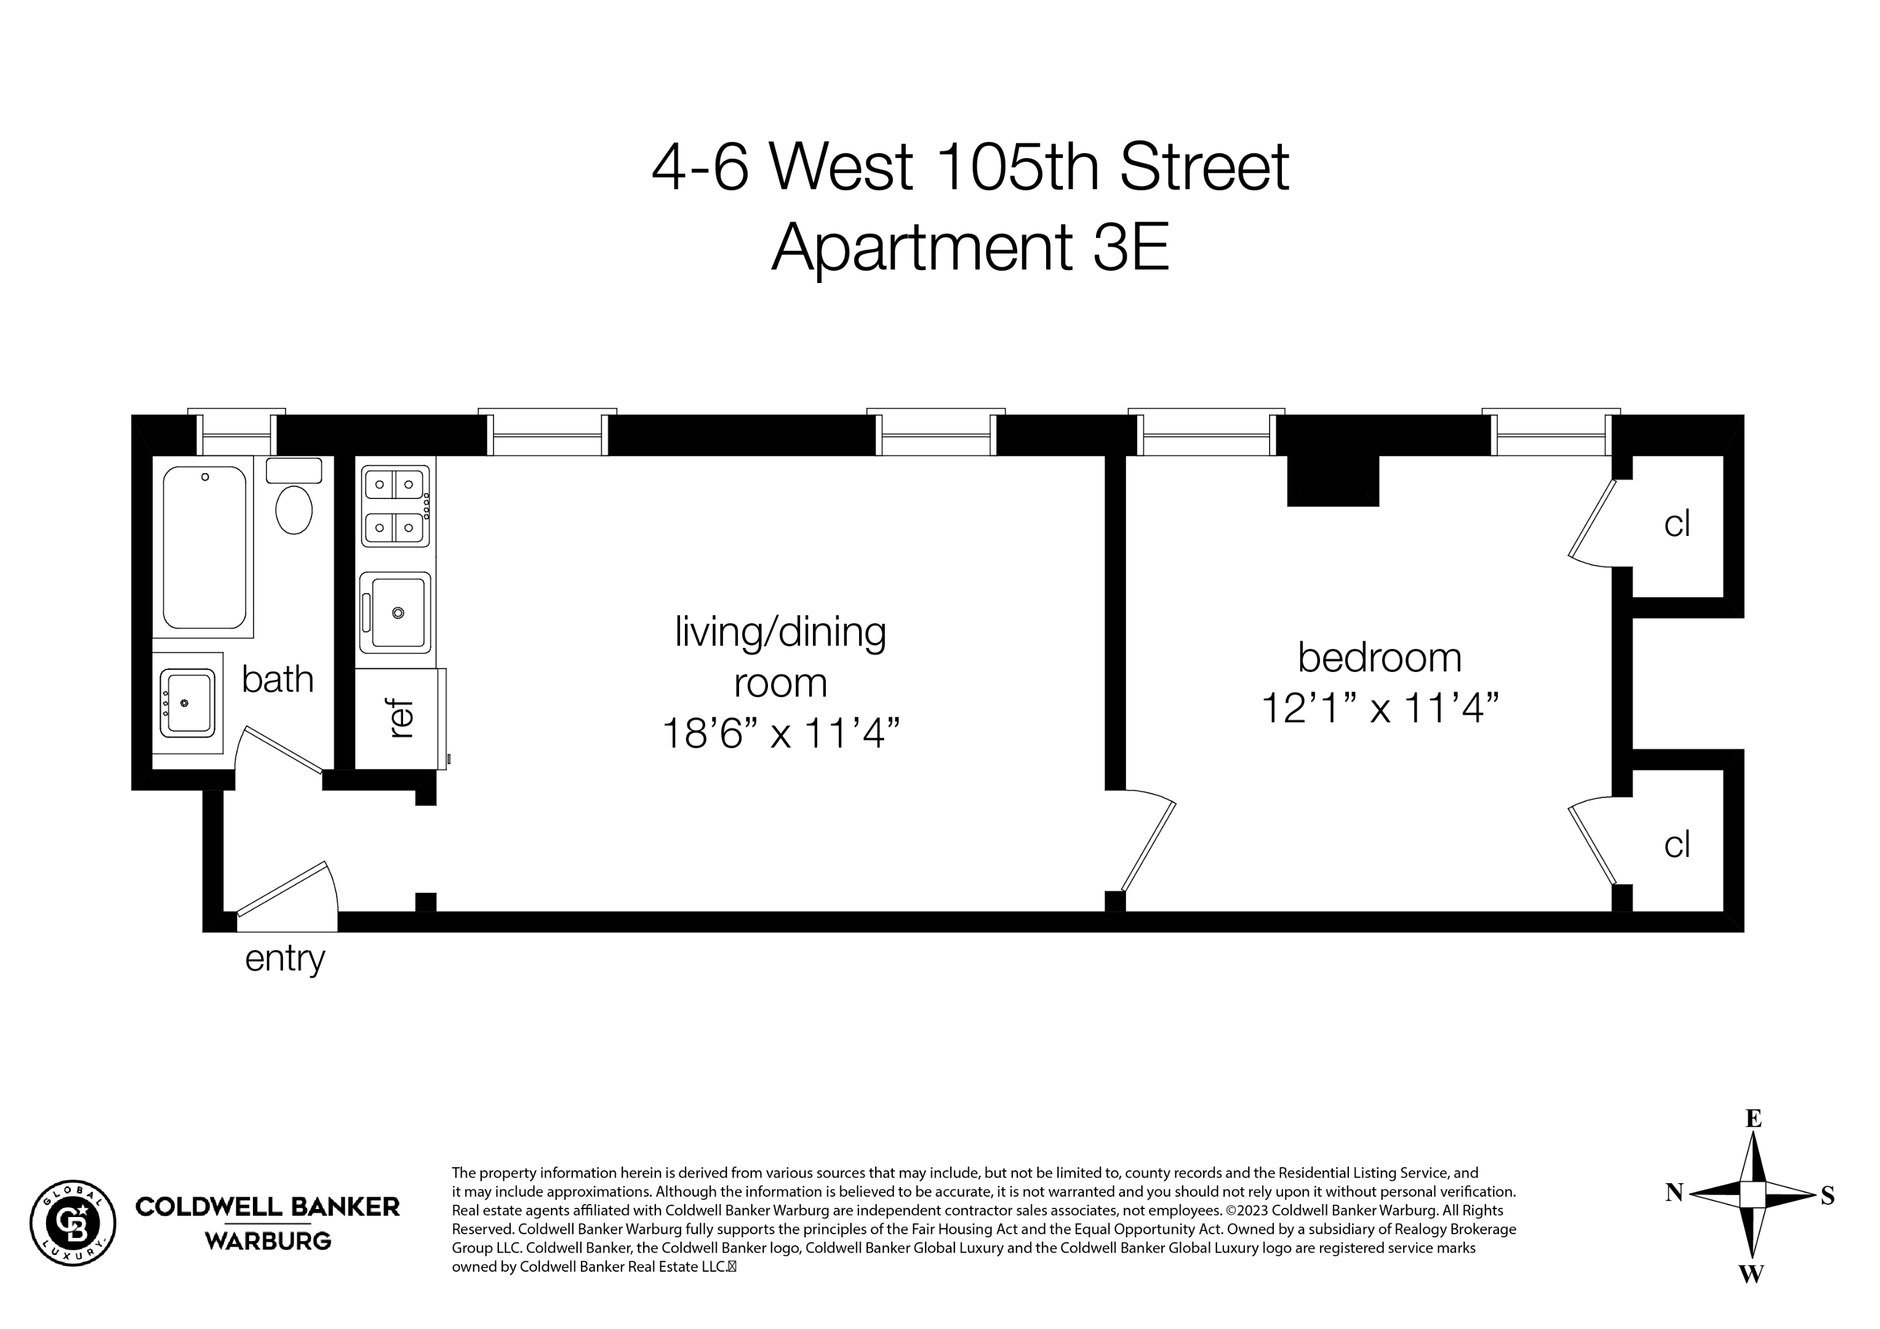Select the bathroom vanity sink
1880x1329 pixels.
click(188, 703)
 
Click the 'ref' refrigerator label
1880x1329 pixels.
click(401, 719)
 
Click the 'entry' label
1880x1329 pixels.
click(285, 958)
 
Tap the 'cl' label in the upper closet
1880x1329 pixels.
click(1677, 524)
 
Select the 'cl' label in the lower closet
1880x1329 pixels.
click(1677, 844)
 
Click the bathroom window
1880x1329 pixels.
click(237, 434)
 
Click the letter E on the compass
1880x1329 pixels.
click(1753, 1119)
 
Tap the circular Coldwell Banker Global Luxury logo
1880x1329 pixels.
click(73, 1223)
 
